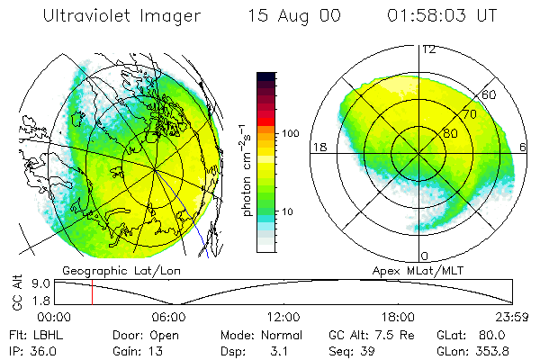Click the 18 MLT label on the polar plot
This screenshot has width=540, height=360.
coord(318,146)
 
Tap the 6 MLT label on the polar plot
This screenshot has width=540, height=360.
coord(525,146)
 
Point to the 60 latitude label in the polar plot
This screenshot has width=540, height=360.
coord(490,94)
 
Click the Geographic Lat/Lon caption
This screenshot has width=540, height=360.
coord(109,270)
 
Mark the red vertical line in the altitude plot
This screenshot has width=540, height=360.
coord(92,292)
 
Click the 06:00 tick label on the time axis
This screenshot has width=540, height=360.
coord(169,317)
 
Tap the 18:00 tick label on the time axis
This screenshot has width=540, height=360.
coord(398,317)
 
